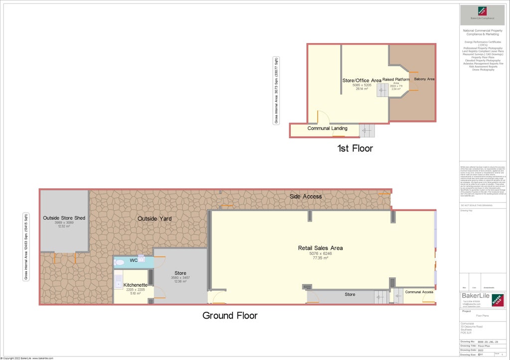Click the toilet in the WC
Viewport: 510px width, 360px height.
pyautogui.click(x=120, y=262)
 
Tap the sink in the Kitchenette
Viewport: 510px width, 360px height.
pyautogui.click(x=119, y=282)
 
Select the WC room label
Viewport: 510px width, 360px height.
pyautogui.click(x=133, y=260)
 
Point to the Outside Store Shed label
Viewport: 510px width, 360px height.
pyautogui.click(x=64, y=218)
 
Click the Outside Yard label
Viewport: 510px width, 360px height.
pyautogui.click(x=154, y=219)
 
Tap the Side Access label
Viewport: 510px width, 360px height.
pyautogui.click(x=306, y=196)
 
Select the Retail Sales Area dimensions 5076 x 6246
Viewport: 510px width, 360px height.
pyautogui.click(x=320, y=253)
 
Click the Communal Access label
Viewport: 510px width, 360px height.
pyautogui.click(x=419, y=292)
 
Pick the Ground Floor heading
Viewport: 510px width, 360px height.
pyautogui.click(x=230, y=315)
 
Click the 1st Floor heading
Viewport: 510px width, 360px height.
pyautogui.click(x=355, y=148)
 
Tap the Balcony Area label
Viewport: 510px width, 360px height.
pyautogui.click(x=424, y=79)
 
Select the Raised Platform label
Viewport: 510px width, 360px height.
pyautogui.click(x=396, y=79)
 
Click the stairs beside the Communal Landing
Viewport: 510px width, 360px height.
pyautogui.click(x=367, y=131)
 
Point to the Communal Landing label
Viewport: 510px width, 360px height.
pyautogui.click(x=327, y=128)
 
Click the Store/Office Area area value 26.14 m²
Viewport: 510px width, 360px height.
pyautogui.click(x=362, y=89)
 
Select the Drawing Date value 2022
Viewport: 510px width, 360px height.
pyautogui.click(x=481, y=350)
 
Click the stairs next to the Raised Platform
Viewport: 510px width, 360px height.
pyautogui.click(x=382, y=90)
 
